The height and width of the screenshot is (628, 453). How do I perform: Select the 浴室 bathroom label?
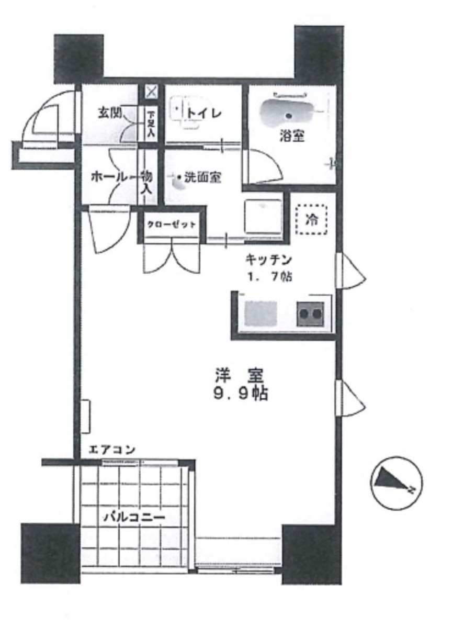click(x=292, y=137)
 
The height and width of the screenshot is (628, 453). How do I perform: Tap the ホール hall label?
click(x=109, y=177)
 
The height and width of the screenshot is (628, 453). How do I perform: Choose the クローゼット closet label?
click(x=172, y=225)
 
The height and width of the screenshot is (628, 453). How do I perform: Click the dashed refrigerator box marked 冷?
click(x=311, y=220)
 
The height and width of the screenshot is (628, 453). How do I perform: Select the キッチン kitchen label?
click(x=268, y=260)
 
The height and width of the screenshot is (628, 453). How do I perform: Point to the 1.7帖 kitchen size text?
click(x=268, y=276)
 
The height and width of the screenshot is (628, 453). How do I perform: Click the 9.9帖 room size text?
click(x=241, y=394)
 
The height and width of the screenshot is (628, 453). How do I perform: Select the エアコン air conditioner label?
click(x=112, y=450)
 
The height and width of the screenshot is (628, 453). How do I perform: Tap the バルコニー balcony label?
click(x=134, y=517)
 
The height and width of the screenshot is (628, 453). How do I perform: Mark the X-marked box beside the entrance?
click(x=151, y=93)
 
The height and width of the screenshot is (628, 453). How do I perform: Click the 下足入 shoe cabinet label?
click(x=151, y=124)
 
